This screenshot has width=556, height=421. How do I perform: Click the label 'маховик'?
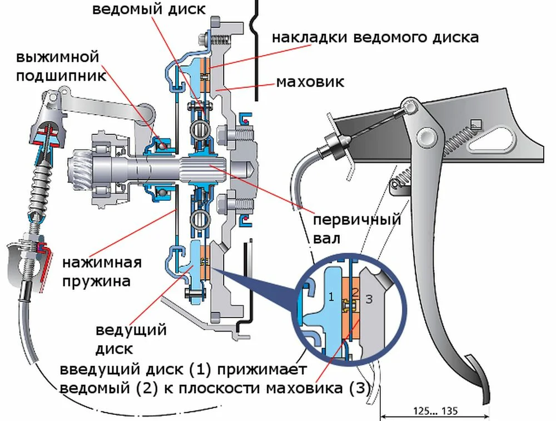point(310,83)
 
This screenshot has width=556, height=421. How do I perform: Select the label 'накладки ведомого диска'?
point(375,38)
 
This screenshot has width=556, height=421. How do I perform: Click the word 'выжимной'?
point(57,58)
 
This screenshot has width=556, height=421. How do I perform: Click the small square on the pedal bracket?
point(475,123)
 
